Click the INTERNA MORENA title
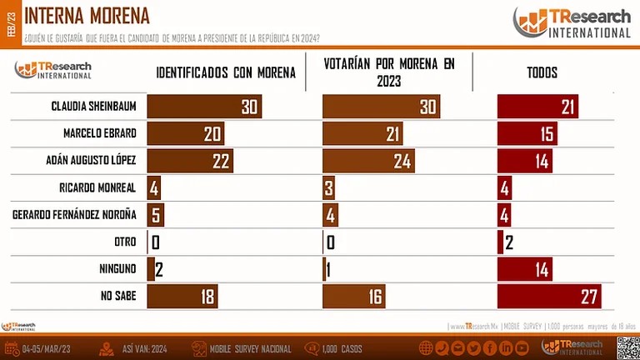coord(87,15)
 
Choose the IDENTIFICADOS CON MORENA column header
coord(226,72)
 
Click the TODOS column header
coord(542,72)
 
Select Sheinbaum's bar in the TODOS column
coord(537,107)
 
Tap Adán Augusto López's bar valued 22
coord(189,161)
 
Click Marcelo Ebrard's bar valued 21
coord(362,134)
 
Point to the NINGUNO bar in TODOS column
coord(527,268)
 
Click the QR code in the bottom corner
coord(627,347)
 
